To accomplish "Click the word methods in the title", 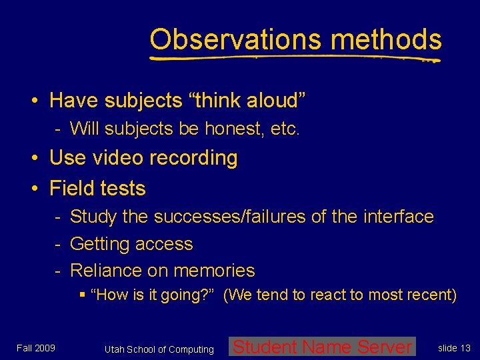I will tap(386, 39).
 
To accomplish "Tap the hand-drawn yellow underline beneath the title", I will tap(293, 58).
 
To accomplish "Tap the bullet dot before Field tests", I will tap(33, 189).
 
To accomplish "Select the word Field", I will tap(71, 189).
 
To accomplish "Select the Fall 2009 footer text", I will tap(36, 347).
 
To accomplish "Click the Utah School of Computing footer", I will tap(159, 349).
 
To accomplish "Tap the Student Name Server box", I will tap(322, 347).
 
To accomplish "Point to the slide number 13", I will tap(454, 348).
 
